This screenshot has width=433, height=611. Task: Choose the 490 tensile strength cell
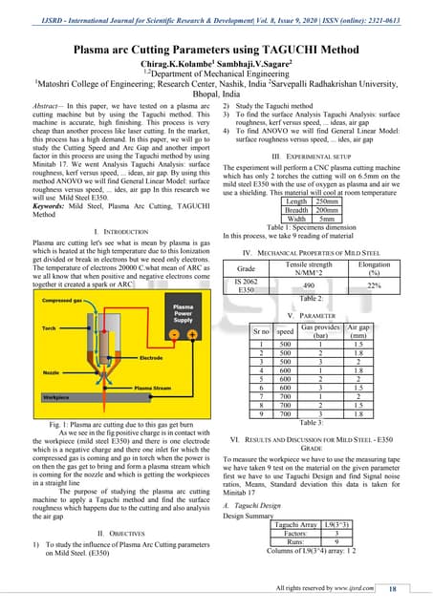coord(308,284)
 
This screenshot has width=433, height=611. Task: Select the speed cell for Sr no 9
coord(285,414)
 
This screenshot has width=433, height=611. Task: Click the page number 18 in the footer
coord(406,589)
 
